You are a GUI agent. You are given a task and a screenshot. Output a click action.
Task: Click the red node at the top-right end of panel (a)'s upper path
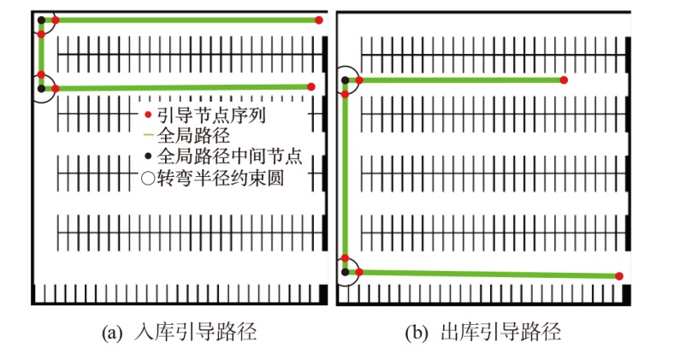tap(319, 20)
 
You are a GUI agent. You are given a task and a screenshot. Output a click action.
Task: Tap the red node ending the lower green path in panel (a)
tap(311, 86)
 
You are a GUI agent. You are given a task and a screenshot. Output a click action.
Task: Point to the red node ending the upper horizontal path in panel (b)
tap(563, 80)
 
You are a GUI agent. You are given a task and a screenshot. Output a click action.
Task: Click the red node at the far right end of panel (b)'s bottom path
tap(618, 275)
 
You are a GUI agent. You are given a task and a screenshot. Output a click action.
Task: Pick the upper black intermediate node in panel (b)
tap(346, 80)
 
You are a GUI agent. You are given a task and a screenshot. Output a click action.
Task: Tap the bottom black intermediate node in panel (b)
tap(346, 272)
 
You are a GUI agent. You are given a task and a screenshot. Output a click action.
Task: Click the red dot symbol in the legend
tap(149, 114)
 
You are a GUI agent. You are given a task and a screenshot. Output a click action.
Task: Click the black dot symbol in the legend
tap(149, 156)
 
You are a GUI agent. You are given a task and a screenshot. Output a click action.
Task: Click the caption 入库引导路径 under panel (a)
tap(195, 332)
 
